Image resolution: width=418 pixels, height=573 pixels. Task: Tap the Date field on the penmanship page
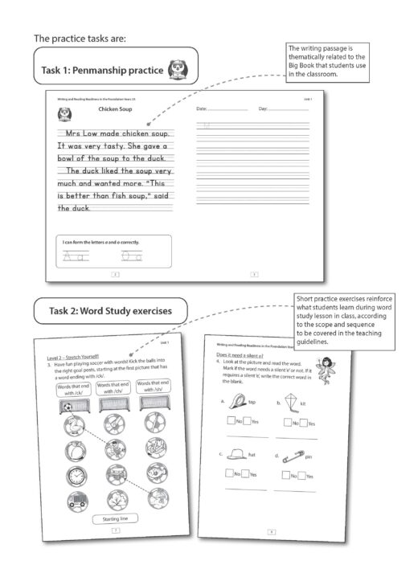click(x=222, y=107)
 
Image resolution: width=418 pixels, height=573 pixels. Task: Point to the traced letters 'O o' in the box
click(x=131, y=256)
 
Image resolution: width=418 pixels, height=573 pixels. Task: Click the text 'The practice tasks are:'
click(x=80, y=38)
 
